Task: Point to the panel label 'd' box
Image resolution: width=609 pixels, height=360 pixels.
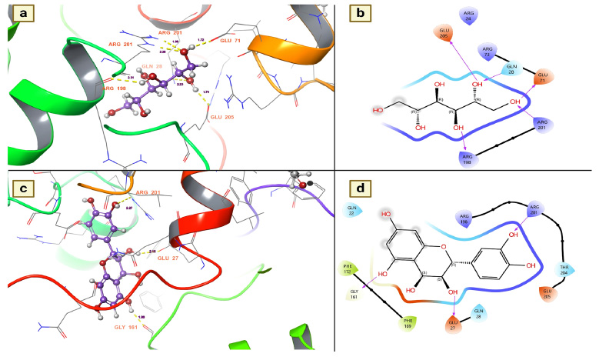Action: point(359,188)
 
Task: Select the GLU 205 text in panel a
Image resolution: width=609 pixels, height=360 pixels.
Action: point(221,117)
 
